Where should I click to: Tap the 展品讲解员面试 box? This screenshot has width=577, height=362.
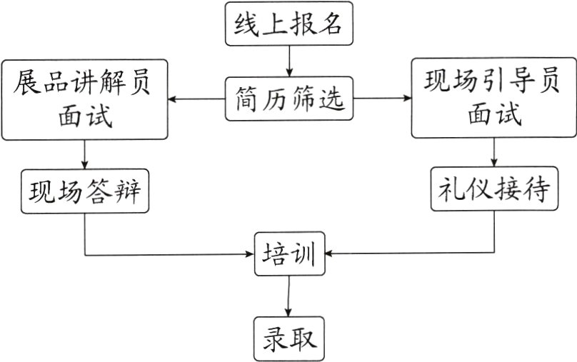(85, 99)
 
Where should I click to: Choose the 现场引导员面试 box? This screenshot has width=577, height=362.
(493, 98)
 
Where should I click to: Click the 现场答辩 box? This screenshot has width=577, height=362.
(85, 191)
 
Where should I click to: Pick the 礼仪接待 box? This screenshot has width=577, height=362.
(493, 189)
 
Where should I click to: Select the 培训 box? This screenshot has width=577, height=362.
(289, 253)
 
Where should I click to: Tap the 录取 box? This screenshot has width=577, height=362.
(289, 338)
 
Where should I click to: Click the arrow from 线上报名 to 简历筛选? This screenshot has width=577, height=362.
(289, 61)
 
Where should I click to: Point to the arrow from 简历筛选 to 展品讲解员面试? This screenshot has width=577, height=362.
(197, 99)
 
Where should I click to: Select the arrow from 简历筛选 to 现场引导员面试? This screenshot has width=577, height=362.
(383, 99)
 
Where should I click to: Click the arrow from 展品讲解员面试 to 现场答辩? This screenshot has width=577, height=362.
(85, 154)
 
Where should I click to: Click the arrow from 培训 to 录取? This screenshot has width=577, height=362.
(288, 296)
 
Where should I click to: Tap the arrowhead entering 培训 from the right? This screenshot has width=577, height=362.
(329, 253)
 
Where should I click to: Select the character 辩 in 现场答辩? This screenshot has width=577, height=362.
(130, 191)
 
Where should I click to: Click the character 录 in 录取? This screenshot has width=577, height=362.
(274, 338)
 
